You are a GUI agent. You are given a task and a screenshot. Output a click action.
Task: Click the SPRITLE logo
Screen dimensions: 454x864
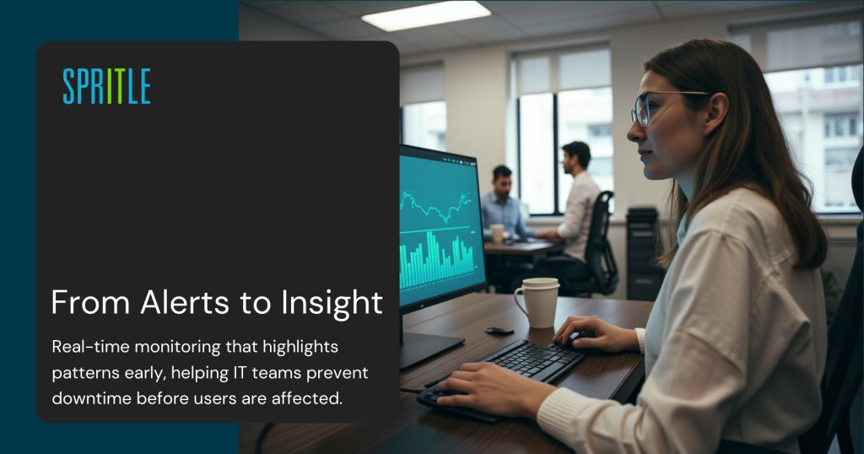coord(106,86)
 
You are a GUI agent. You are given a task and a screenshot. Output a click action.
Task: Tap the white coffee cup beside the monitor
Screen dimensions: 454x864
coord(537,301)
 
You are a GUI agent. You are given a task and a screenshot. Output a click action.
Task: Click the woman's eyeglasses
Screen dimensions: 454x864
coord(654,106)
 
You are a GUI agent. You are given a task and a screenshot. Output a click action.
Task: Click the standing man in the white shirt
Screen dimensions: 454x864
coord(580,203)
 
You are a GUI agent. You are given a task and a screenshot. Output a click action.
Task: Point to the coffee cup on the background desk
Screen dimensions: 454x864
coord(497,234)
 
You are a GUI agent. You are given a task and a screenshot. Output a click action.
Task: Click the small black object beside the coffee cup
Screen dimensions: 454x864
coord(499,330)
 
